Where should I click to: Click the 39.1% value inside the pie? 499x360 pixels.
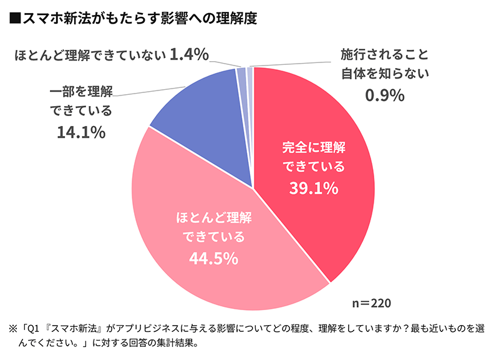click(313, 187)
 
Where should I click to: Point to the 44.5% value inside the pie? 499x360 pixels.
click(213, 258)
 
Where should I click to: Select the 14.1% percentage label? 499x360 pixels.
click(80, 133)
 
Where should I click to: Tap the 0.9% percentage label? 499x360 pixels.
click(385, 95)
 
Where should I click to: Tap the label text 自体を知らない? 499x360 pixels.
click(385, 74)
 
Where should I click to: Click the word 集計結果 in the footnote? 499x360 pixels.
click(181, 343)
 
